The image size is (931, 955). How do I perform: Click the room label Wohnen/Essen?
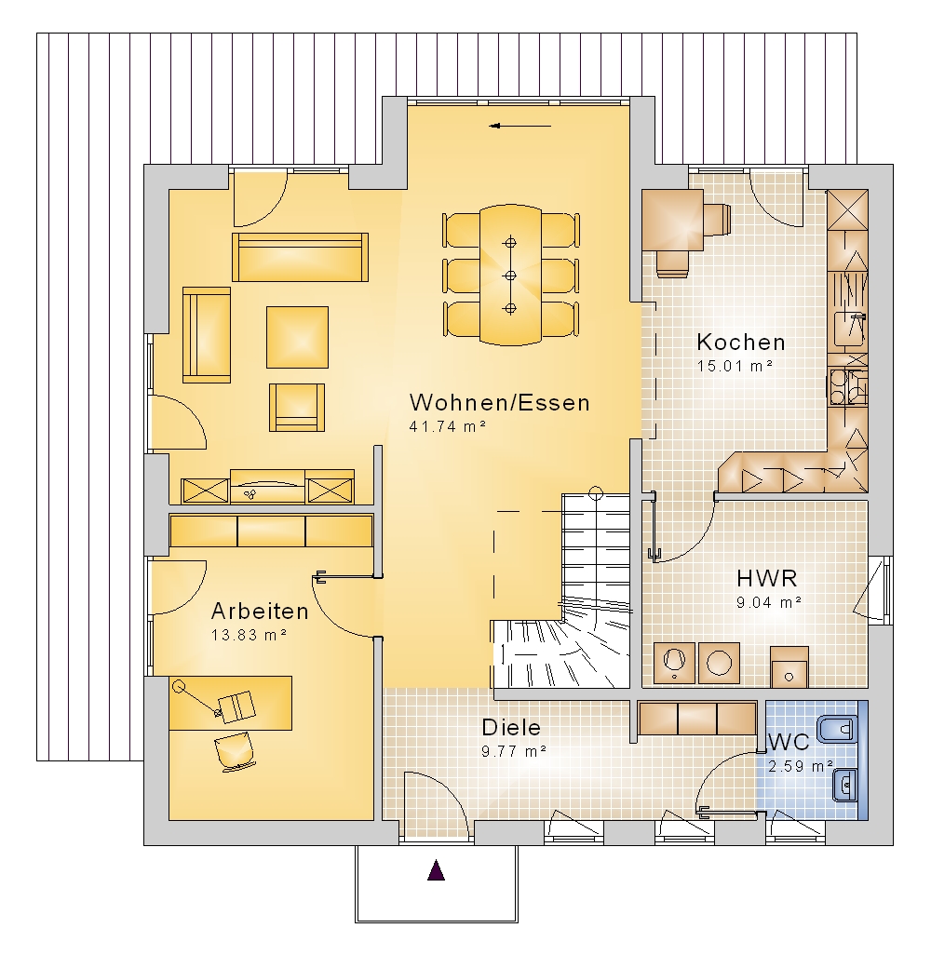click(500, 403)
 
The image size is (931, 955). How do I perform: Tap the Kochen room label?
click(741, 343)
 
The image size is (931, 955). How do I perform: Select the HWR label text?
click(766, 578)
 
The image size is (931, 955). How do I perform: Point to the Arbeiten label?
click(260, 611)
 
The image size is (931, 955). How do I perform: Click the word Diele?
click(511, 727)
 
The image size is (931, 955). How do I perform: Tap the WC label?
click(789, 743)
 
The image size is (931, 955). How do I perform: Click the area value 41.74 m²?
click(447, 427)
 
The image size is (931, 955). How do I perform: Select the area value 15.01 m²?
click(735, 366)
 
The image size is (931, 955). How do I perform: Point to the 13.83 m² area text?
click(249, 635)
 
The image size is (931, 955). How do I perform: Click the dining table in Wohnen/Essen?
click(510, 276)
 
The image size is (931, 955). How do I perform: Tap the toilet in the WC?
click(838, 729)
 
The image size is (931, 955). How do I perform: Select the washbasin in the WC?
click(845, 786)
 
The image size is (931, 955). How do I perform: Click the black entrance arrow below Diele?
click(436, 870)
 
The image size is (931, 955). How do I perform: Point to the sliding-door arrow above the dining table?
click(520, 126)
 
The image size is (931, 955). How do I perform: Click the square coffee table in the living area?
click(297, 338)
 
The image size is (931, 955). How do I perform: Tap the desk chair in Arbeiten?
click(235, 750)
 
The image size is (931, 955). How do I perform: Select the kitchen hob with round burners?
click(847, 387)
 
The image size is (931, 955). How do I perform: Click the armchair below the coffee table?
click(297, 408)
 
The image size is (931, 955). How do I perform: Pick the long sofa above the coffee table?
click(300, 257)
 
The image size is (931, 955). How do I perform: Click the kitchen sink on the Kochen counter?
click(850, 329)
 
